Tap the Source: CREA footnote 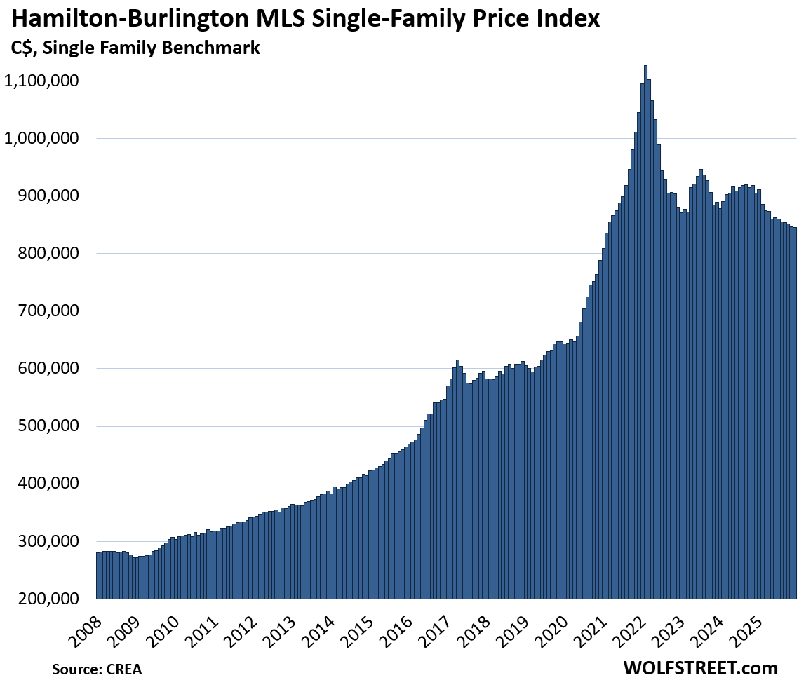click(x=97, y=669)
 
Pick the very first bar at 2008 click(x=98, y=576)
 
